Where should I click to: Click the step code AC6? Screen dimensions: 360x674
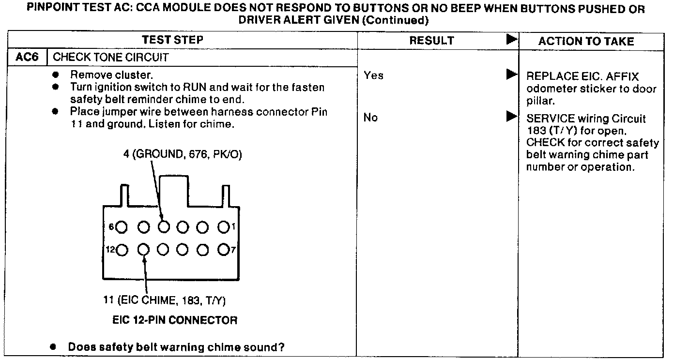coord(27,58)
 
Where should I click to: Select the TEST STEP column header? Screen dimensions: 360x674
coord(172,40)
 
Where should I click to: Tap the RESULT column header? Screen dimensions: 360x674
coord(431,41)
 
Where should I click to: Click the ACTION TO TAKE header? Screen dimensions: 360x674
coord(586,42)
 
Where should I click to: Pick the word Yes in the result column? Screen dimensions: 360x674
coord(373,75)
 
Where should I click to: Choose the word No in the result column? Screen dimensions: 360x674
coord(370,118)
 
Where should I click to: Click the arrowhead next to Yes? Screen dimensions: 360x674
coord(511,75)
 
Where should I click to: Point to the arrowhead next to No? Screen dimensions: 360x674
coord(511,117)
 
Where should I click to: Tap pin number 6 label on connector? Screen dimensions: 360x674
coord(111,226)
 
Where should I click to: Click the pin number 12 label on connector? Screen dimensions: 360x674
coord(110,250)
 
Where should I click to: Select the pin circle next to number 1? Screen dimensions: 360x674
coord(223,226)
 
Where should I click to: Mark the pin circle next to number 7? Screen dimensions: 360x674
coord(223,250)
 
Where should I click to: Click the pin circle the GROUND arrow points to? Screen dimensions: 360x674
coord(164,226)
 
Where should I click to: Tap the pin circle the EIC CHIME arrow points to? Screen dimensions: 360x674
coord(143,250)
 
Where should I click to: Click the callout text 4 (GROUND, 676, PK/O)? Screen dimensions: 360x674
coord(182,154)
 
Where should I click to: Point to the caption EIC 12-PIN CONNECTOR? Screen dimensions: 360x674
coord(175,320)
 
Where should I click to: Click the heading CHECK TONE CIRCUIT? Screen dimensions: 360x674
coord(110,58)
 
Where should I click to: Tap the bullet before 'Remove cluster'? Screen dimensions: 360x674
coord(56,75)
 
